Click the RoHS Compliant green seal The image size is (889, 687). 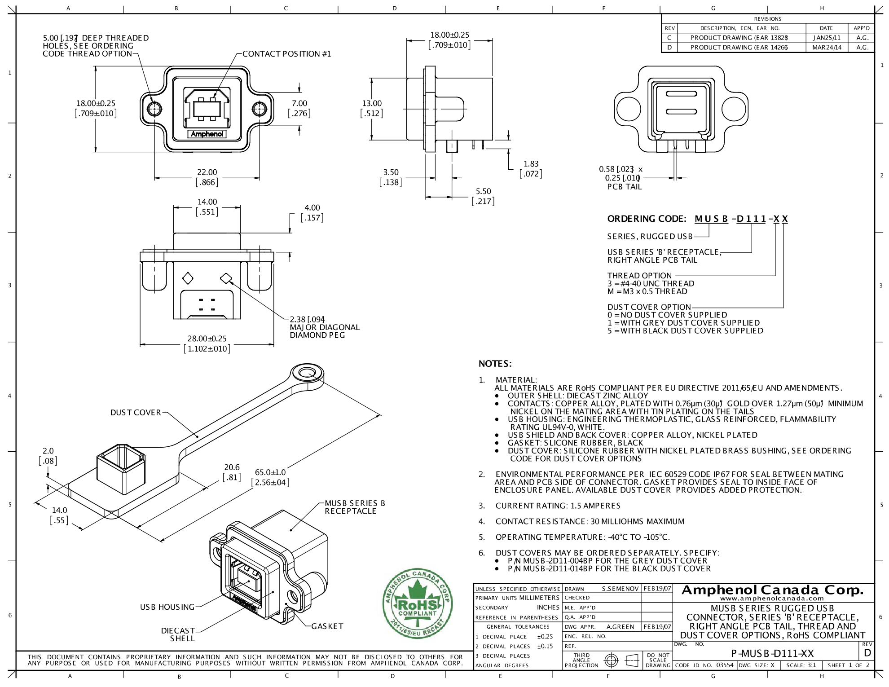418,605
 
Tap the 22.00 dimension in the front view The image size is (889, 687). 207,172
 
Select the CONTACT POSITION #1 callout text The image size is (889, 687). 286,54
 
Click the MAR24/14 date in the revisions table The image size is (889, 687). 827,47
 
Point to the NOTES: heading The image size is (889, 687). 495,364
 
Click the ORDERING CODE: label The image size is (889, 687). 647,219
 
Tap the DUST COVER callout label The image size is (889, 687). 136,413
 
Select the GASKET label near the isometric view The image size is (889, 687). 327,626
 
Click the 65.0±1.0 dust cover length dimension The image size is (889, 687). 270,472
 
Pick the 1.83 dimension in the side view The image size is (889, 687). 531,164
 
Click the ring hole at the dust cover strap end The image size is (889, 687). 307,373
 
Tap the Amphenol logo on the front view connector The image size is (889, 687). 207,134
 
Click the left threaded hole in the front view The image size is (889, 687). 154,109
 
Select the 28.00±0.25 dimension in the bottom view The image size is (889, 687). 207,339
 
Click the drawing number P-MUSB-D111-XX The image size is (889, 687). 772,653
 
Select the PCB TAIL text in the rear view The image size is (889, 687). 624,187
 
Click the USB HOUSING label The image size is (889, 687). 167,607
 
